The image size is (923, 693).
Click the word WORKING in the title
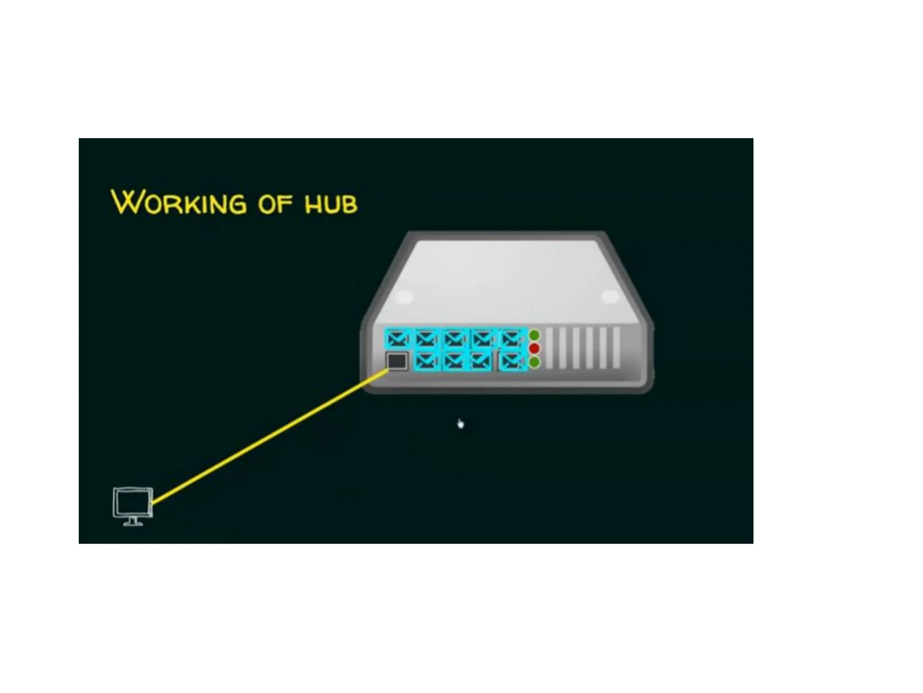179,203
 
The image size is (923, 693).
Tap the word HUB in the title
331,204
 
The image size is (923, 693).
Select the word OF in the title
275,204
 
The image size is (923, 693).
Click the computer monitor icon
133,503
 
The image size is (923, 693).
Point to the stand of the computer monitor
133,522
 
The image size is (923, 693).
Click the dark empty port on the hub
397,361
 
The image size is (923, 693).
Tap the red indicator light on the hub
534,348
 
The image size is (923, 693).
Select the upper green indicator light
534,335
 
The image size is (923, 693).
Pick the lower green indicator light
534,362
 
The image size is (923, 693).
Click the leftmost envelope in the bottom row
426,361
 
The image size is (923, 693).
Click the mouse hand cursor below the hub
460,424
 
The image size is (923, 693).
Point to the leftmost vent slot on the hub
549,348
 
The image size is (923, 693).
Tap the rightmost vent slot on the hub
617,348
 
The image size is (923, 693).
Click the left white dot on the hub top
404,297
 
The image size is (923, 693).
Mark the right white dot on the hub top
610,297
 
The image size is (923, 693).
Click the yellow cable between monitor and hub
270,436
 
